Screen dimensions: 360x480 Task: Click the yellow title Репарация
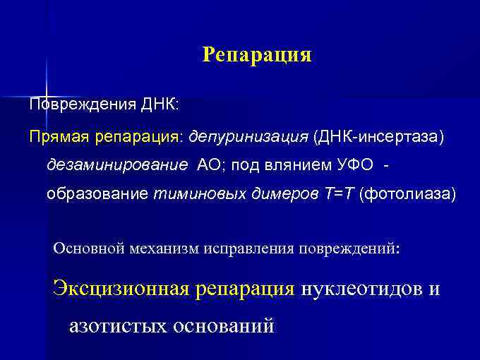tap(256, 54)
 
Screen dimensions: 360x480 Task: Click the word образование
tap(97, 193)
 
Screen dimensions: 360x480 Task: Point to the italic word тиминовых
tap(193, 193)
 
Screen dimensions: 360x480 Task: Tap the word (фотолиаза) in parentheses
tap(407, 193)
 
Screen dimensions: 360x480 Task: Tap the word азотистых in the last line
tap(118, 325)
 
